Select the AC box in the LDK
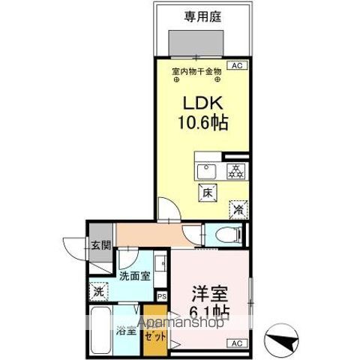(237, 67)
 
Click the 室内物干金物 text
(196, 71)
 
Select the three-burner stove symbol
(235, 170)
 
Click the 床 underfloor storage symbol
(207, 193)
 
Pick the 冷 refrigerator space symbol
(238, 211)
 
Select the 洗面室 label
(135, 275)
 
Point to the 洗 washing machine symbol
(99, 290)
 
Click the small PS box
(161, 296)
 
